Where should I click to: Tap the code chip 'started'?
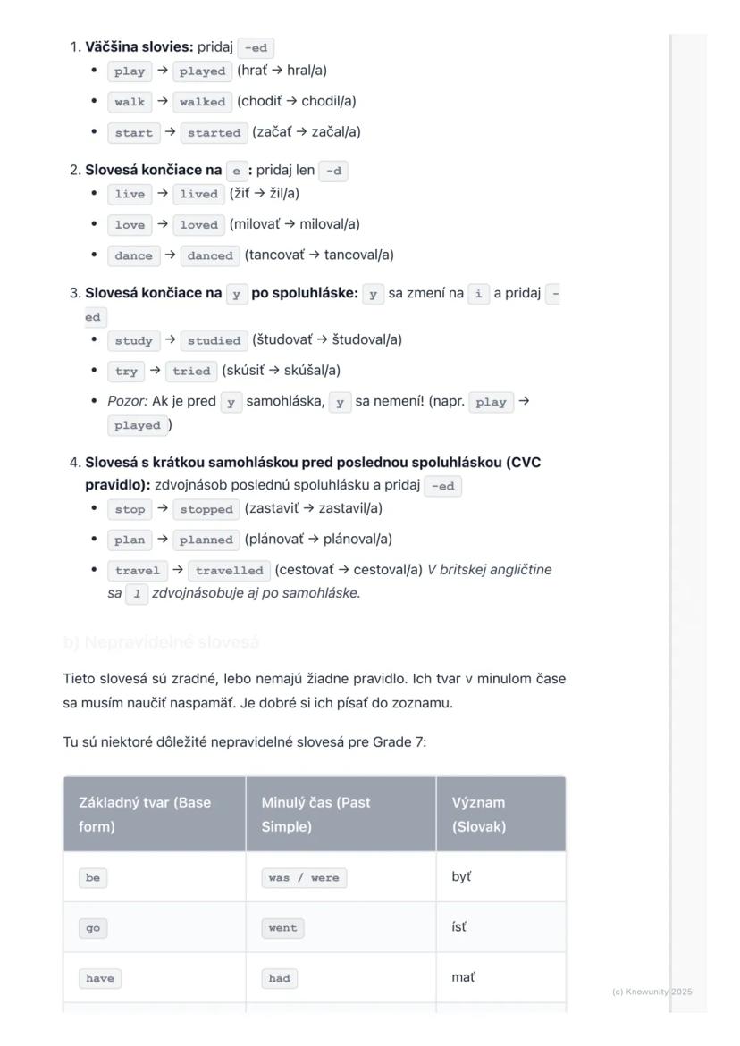[x=214, y=133]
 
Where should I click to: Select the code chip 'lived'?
[x=198, y=194]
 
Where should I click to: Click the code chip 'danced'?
[x=210, y=255]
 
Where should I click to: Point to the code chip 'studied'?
[x=214, y=340]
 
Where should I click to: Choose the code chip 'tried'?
[x=191, y=371]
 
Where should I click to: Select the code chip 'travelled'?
[x=229, y=570]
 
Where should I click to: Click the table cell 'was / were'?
[x=304, y=878]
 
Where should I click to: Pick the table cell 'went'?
[x=282, y=928]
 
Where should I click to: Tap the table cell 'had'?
[x=279, y=978]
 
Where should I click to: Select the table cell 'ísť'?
[x=458, y=927]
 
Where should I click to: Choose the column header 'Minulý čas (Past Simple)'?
[x=315, y=814]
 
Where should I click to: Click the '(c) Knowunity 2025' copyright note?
[x=652, y=992]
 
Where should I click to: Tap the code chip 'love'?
[x=130, y=225]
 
